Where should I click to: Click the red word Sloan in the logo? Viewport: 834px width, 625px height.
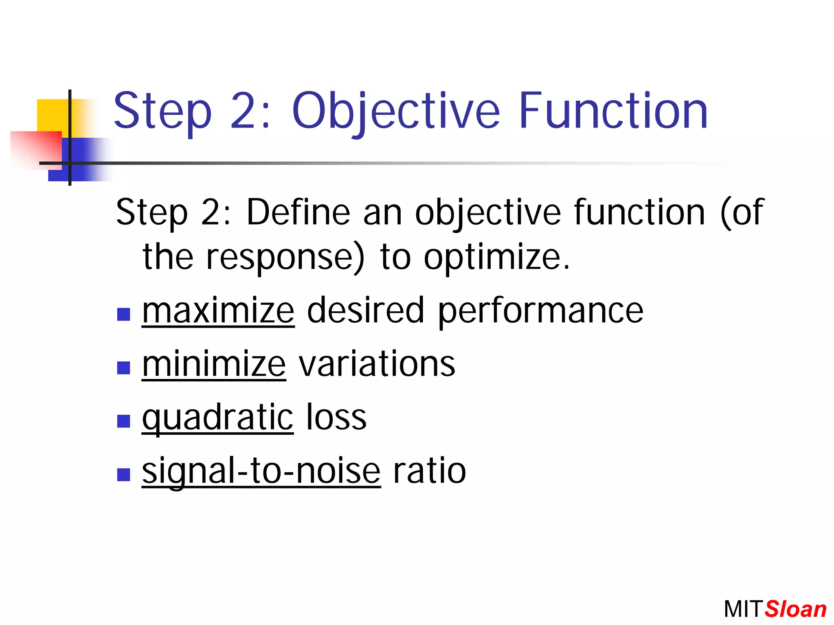pos(795,609)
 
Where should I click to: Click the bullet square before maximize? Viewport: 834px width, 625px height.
pos(123,314)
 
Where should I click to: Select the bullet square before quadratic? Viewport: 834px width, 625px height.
pos(123,421)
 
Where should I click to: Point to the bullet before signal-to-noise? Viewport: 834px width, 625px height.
pos(123,474)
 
